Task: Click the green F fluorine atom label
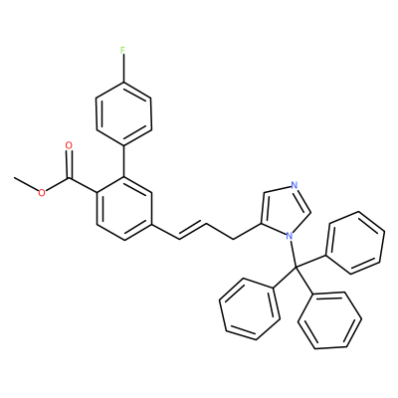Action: [123, 51]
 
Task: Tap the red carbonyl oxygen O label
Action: [69, 145]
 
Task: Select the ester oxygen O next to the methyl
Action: [42, 193]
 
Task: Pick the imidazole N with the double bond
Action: [294, 185]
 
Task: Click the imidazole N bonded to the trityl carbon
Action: [289, 236]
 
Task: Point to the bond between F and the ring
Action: [123, 69]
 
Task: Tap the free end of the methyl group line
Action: [15, 178]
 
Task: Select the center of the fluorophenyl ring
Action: [123, 113]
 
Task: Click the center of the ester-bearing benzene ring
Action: [123, 208]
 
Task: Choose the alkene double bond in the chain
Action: [193, 231]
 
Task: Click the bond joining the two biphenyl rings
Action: [123, 160]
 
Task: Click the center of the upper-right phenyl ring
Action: [355, 243]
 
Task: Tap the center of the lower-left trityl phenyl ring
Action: [249, 308]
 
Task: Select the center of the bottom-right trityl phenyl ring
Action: [329, 320]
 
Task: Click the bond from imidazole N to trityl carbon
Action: [293, 254]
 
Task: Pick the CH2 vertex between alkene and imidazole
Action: [234, 239]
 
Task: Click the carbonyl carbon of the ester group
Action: [69, 179]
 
